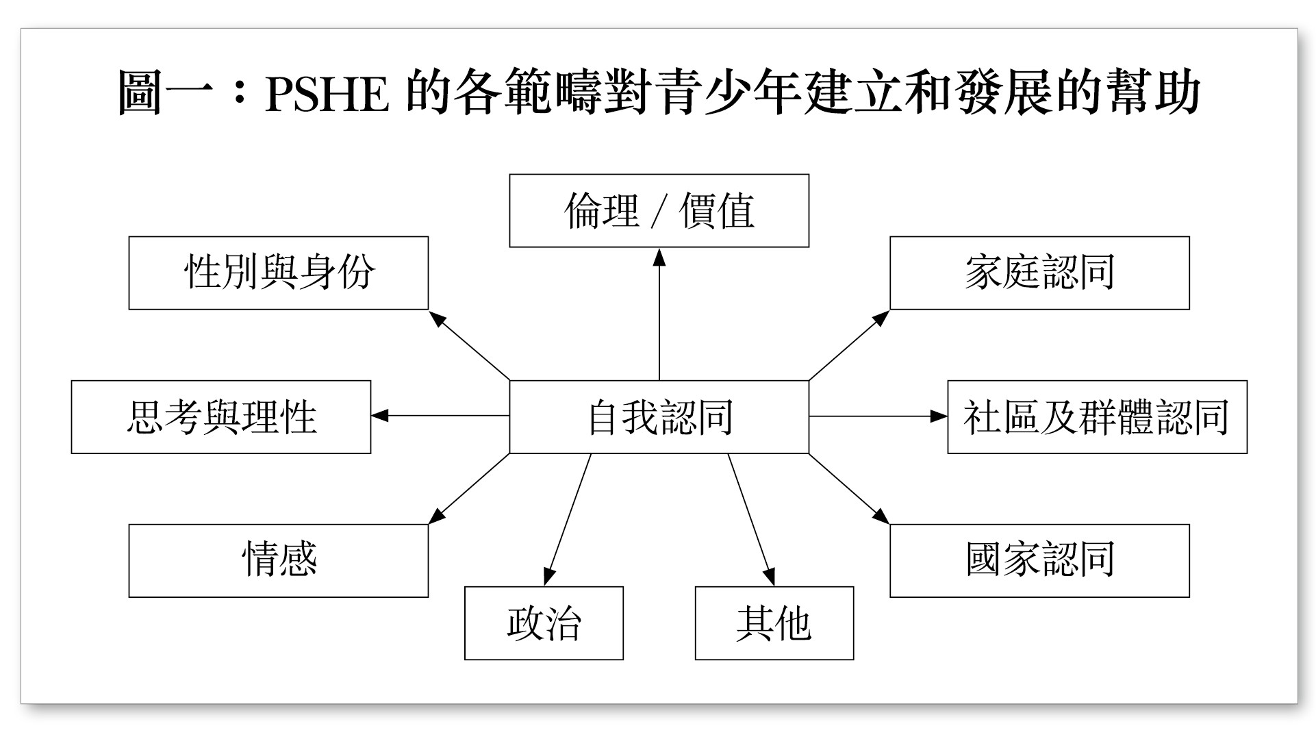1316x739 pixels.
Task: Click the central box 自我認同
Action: tap(659, 416)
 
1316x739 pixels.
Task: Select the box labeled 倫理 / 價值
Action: tap(659, 210)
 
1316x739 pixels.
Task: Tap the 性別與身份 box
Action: tap(279, 273)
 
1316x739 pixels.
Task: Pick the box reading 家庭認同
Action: tap(1039, 273)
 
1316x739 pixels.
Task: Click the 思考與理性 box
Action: tap(221, 416)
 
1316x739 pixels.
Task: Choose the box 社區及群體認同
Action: tap(1097, 416)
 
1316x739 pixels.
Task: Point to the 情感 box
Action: tap(279, 561)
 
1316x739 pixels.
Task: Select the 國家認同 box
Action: tap(1039, 561)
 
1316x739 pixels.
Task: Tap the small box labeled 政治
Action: tap(544, 623)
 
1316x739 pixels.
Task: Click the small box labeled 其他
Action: tap(774, 623)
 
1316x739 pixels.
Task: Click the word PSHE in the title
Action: tap(327, 94)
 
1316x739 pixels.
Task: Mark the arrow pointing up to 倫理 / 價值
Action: tap(659, 314)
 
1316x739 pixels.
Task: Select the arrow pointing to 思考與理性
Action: tap(440, 416)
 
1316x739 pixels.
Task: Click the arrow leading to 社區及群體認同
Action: tap(878, 416)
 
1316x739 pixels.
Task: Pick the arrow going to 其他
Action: tap(751, 520)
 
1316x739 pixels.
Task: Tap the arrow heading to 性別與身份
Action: tap(470, 345)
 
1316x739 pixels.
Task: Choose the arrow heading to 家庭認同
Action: tap(849, 345)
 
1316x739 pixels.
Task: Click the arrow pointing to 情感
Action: tap(470, 488)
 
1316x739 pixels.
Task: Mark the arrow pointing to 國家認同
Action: tap(849, 488)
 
